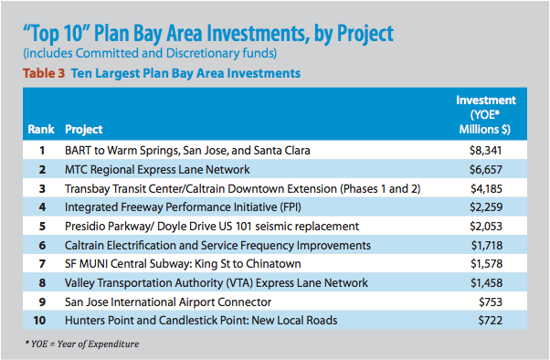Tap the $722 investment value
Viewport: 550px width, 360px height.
(x=506, y=320)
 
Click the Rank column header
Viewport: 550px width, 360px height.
(x=39, y=128)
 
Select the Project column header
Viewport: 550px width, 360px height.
(x=83, y=128)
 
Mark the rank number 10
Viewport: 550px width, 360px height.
(x=39, y=320)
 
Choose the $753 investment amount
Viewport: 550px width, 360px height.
(x=506, y=302)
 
